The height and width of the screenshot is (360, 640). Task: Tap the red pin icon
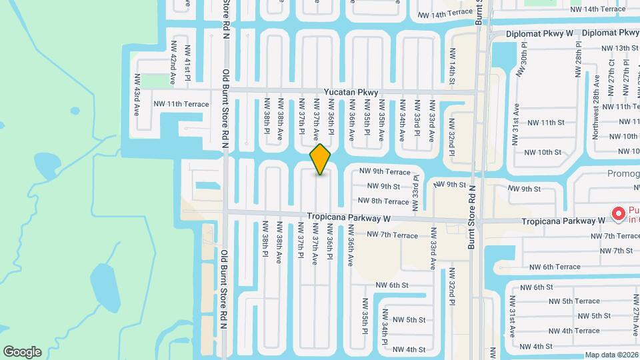[618, 213]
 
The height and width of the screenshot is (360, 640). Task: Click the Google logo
[22, 352]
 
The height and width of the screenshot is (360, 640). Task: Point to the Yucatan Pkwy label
[351, 93]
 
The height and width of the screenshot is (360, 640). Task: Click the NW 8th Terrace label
[383, 201]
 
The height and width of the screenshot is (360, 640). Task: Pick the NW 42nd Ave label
[172, 62]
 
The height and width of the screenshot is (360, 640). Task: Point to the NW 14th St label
[451, 66]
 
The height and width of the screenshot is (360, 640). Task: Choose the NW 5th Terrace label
[571, 301]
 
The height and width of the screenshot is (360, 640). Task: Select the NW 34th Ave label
[402, 121]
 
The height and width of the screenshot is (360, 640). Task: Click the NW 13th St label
[619, 48]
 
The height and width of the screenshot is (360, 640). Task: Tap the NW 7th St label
[616, 251]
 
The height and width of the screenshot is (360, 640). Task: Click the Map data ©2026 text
[612, 355]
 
